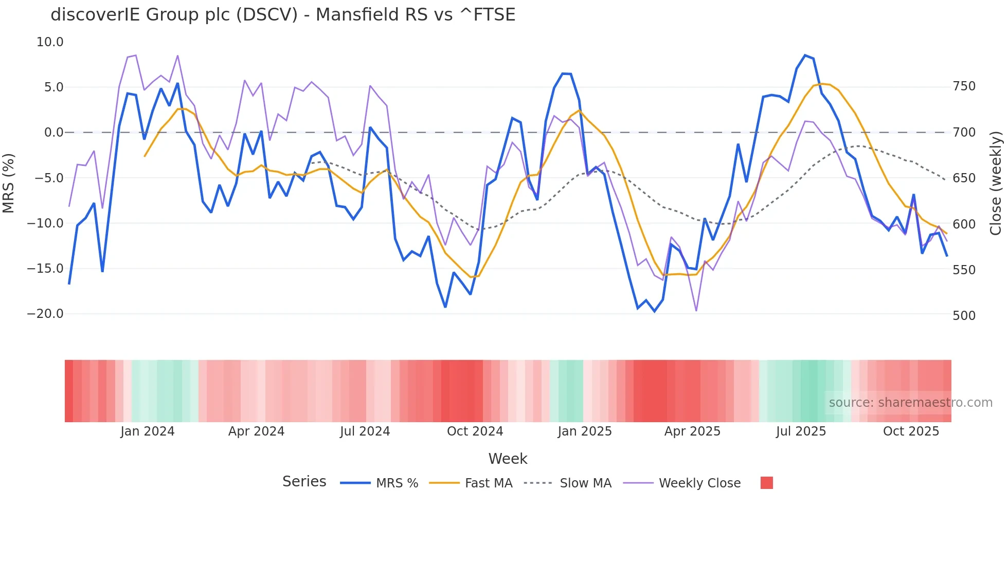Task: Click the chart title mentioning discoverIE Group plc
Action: coord(283,15)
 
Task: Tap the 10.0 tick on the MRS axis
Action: coord(50,42)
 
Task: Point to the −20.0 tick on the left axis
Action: coord(45,314)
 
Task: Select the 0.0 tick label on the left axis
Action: coord(53,133)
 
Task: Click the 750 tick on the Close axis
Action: coord(964,86)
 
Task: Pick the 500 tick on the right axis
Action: coord(964,315)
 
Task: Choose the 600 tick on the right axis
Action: coord(964,224)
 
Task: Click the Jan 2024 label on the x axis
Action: coord(148,431)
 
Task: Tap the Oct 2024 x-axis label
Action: coord(475,431)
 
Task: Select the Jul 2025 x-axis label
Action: coord(801,431)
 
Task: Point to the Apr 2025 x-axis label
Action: coord(692,431)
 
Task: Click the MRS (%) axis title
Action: coord(8,183)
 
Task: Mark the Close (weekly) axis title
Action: coord(996,183)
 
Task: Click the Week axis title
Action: coord(508,459)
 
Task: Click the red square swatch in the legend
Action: coord(766,483)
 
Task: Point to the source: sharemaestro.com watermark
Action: coord(910,403)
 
